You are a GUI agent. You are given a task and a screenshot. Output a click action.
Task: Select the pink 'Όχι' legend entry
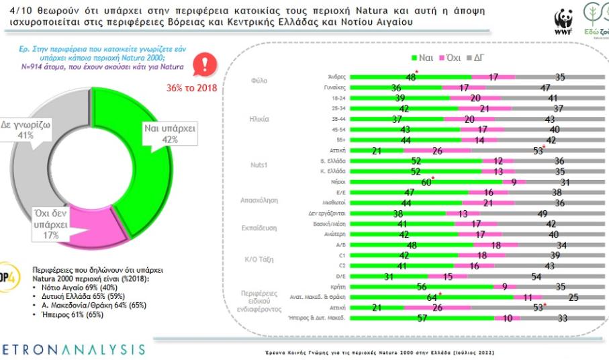(x=454, y=58)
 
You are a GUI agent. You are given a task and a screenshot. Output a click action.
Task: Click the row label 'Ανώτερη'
(x=334, y=234)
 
